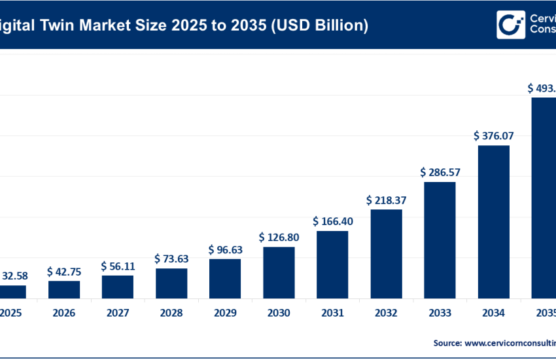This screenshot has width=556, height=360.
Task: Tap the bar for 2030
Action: coord(279,273)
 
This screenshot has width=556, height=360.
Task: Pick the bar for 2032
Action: coord(386,254)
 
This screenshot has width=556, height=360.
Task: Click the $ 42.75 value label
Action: coord(64,271)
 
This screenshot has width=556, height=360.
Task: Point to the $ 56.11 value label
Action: coord(118,266)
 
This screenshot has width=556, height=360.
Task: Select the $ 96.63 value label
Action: coord(225,249)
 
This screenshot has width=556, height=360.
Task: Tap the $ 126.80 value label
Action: coord(279,237)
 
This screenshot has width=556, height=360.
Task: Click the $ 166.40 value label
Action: coord(332,221)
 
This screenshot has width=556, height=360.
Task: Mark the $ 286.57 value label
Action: coord(440,172)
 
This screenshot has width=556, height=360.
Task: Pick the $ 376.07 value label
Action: coord(493,136)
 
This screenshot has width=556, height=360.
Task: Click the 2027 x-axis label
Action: coord(118,314)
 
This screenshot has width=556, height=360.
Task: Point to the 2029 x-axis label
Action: coord(225,314)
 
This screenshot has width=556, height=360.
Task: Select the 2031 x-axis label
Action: coord(332,314)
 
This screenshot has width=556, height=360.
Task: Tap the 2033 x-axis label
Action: coord(440,314)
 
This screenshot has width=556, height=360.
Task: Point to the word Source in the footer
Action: coord(447,342)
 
